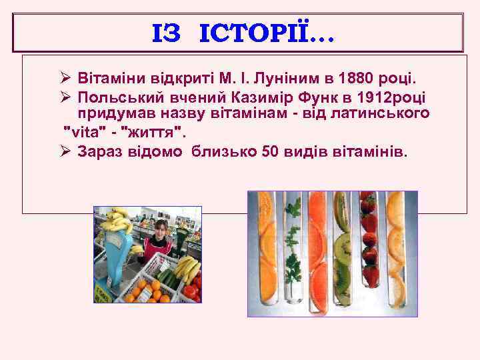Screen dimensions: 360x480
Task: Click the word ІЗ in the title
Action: click(x=166, y=33)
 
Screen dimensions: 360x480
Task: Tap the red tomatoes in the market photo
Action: click(x=191, y=291)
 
